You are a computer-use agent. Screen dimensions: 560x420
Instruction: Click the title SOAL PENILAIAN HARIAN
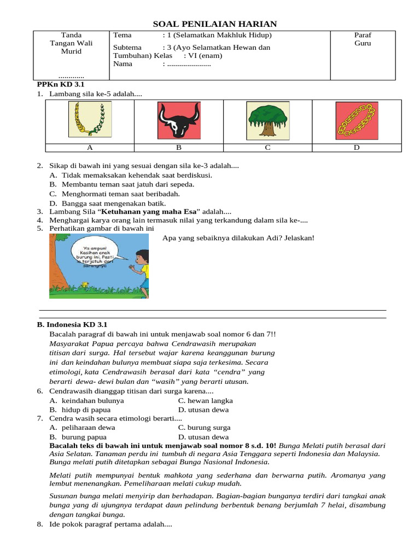(x=214, y=24)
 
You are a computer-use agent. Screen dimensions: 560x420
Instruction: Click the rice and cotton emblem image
(x=90, y=120)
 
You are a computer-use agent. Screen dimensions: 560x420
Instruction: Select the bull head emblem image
(x=178, y=120)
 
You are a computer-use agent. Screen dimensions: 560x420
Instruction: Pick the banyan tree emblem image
(x=267, y=120)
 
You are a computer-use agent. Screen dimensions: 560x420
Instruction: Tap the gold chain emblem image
(x=357, y=120)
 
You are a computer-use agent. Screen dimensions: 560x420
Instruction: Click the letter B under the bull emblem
(x=178, y=148)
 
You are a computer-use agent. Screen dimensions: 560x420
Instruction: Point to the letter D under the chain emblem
(x=357, y=148)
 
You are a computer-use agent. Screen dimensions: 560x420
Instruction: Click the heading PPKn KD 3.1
(x=52, y=85)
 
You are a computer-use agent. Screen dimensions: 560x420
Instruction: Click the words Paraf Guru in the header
(x=363, y=39)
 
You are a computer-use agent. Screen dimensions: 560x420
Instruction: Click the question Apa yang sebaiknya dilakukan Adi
(x=238, y=238)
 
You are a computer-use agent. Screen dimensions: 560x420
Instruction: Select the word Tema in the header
(x=122, y=35)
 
